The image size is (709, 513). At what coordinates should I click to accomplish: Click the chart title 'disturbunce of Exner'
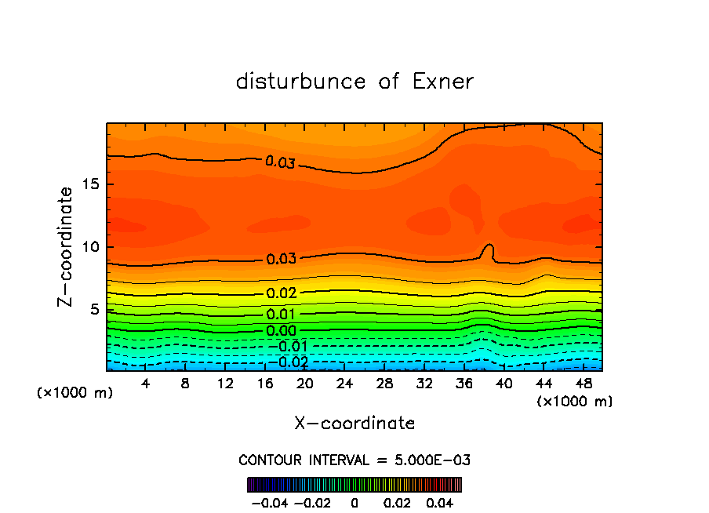click(354, 82)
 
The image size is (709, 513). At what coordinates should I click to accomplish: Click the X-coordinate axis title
click(354, 424)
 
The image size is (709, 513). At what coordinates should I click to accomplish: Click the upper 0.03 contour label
click(280, 162)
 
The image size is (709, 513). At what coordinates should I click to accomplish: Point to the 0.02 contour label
click(282, 293)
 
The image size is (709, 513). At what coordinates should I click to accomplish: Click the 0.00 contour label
click(282, 330)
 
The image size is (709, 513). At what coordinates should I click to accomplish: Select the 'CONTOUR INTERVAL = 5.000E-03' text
click(354, 460)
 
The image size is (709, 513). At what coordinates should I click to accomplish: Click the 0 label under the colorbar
click(354, 501)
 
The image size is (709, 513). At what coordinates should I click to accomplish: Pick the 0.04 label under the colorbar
click(441, 501)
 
